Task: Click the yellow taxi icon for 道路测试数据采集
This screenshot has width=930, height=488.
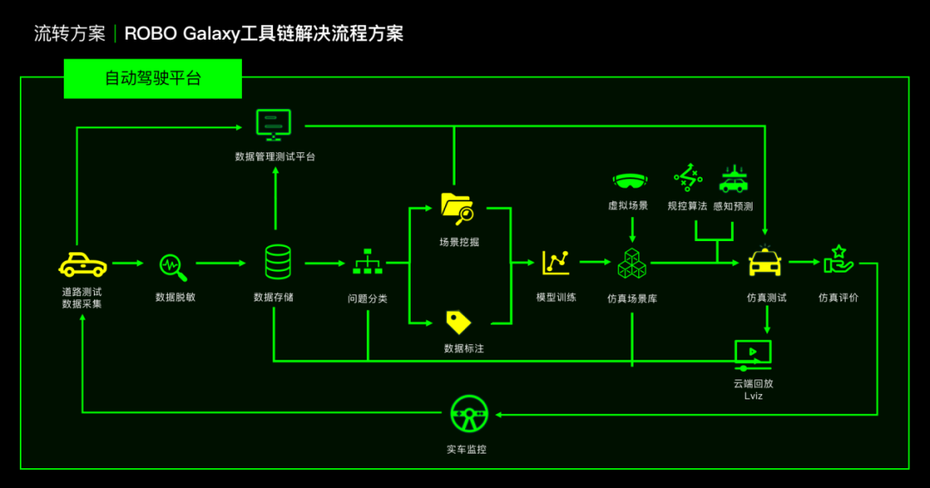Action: (82, 264)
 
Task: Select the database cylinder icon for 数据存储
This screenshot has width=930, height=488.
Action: (277, 262)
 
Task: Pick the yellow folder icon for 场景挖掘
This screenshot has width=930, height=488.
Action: (456, 207)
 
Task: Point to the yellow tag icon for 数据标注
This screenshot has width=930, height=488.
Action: (458, 322)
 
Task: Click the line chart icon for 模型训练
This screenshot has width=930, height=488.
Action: (555, 262)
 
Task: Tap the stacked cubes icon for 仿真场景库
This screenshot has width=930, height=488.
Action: (632, 263)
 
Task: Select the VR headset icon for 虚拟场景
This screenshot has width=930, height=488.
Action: (631, 181)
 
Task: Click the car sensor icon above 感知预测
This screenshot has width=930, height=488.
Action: (733, 178)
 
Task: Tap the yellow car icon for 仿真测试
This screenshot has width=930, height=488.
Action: (765, 262)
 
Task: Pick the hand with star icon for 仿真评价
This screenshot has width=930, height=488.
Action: (837, 260)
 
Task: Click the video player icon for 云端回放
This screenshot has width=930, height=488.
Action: (753, 353)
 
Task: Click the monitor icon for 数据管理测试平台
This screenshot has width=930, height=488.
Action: (274, 125)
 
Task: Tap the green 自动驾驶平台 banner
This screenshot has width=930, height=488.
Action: (152, 78)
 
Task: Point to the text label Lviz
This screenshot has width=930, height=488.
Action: (753, 396)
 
